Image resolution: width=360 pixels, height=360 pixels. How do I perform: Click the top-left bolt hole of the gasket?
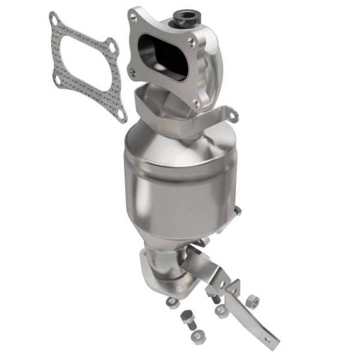[55, 21]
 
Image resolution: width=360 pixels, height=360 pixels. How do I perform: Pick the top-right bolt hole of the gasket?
[111, 44]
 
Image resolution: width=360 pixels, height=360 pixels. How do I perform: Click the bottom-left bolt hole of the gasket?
[57, 79]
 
